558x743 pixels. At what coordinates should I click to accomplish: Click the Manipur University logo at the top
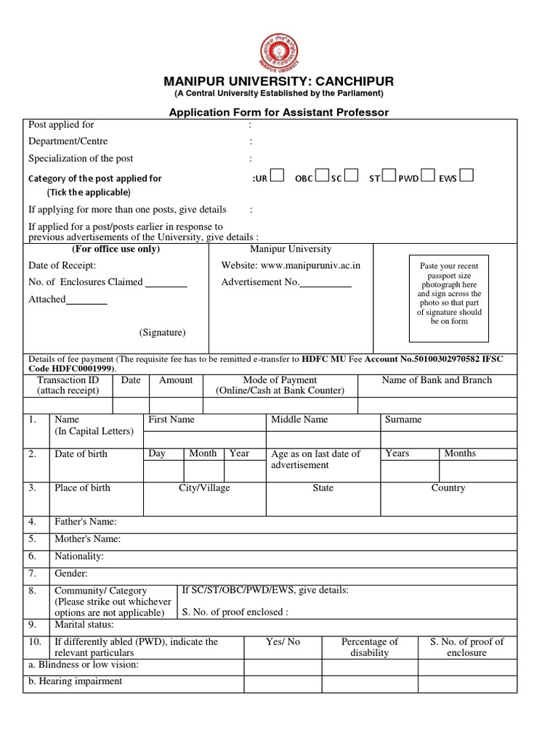[x=278, y=53]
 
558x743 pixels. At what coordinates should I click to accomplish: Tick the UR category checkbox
[x=276, y=176]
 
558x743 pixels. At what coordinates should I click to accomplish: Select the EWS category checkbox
[x=466, y=176]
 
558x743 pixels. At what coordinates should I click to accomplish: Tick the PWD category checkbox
[x=428, y=176]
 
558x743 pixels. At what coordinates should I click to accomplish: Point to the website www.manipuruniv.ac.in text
[x=291, y=266]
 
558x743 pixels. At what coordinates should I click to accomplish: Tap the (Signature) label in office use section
[x=163, y=332]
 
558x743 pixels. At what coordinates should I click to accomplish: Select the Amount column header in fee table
[x=176, y=380]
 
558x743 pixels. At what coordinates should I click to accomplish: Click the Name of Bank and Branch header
[x=437, y=380]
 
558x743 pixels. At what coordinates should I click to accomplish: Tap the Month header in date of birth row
[x=203, y=453]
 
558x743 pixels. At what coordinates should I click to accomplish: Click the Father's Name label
[x=85, y=522]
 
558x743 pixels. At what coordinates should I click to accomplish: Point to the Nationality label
[x=79, y=557]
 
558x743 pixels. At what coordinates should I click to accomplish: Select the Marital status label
[x=84, y=624]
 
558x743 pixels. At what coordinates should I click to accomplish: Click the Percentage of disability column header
[x=370, y=647]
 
